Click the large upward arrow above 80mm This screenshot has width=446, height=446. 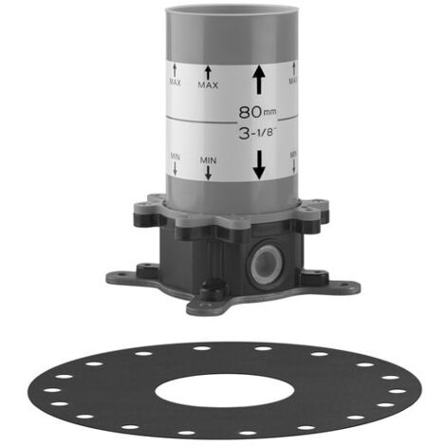259,79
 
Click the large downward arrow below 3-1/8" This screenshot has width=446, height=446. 259,164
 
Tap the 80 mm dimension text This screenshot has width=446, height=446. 257,112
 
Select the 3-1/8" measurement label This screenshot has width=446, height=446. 257,133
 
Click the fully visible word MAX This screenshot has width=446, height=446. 208,85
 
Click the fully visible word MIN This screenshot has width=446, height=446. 208,160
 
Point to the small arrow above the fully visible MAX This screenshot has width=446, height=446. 208,72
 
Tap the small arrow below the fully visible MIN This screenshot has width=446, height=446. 208,173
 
